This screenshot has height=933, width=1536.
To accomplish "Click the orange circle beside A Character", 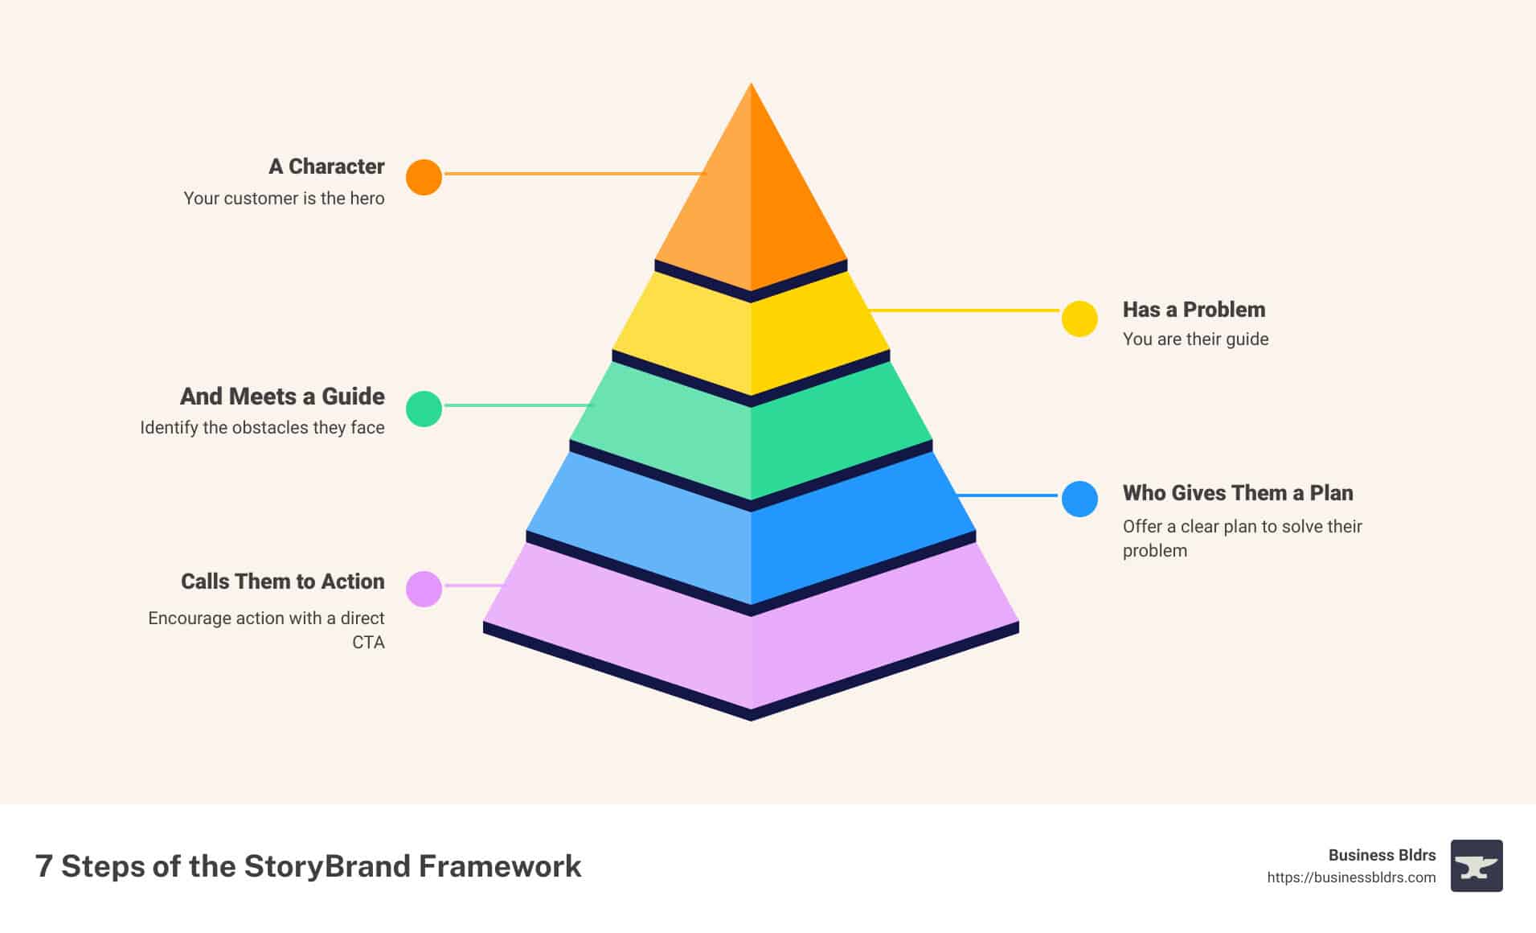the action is click(424, 177).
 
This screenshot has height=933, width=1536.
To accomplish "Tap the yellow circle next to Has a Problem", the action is click(1079, 319).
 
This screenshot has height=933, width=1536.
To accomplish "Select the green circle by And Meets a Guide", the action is click(424, 409).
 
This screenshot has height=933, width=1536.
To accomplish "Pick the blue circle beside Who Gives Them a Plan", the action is click(1079, 499).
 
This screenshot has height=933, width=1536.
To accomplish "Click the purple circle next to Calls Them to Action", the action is click(424, 589).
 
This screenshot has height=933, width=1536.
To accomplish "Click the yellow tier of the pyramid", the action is click(751, 338).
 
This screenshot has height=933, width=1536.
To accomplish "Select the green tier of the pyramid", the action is click(751, 434).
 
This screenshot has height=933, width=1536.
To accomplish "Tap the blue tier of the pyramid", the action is click(751, 531).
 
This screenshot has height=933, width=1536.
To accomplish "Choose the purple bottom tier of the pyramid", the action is click(751, 635).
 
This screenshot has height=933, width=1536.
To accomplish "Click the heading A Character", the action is click(326, 166).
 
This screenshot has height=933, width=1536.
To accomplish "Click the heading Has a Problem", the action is click(1194, 310).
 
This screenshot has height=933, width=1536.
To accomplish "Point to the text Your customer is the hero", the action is click(284, 198).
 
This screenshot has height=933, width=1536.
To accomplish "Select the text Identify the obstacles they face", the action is click(262, 427).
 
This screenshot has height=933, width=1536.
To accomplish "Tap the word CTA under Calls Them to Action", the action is click(368, 642).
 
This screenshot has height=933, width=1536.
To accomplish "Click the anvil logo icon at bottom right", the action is click(1477, 866).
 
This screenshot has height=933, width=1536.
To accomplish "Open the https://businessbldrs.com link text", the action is click(1351, 878).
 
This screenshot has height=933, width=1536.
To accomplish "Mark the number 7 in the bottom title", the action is click(44, 866).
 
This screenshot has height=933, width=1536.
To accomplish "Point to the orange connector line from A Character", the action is click(575, 173).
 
